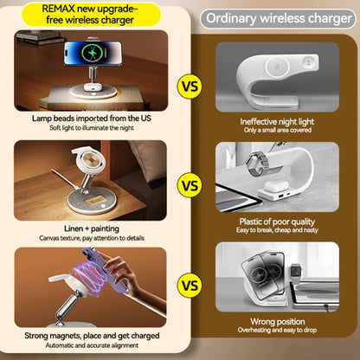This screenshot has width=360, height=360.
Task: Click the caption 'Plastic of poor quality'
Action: click(276, 222)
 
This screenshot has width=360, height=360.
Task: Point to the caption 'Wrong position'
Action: click(276, 323)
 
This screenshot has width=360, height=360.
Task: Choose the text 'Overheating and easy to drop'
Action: click(276, 333)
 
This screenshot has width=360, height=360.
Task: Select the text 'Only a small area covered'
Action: click(276, 131)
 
